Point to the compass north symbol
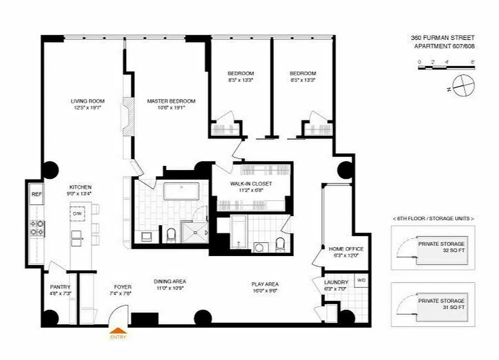click(x=463, y=85)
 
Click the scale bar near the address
click(x=446, y=67)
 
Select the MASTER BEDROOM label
click(x=171, y=101)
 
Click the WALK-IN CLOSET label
click(x=251, y=184)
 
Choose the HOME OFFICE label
click(x=346, y=249)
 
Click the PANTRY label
click(x=60, y=287)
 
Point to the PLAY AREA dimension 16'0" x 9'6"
click(x=265, y=291)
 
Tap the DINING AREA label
click(x=170, y=282)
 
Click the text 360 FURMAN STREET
click(x=442, y=38)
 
